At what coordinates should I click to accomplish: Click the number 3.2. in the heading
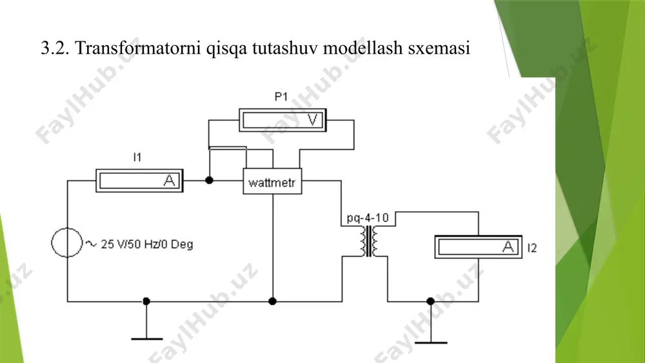click(55, 48)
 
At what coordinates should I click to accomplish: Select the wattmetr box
click(272, 181)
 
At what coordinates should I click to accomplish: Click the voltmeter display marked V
click(283, 120)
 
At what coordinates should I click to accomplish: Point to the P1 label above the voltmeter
click(281, 97)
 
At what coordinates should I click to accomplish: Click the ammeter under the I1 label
click(139, 180)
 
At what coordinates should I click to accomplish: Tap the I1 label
click(137, 157)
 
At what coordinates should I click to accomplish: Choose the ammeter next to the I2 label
click(479, 247)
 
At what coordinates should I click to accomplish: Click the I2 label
click(532, 247)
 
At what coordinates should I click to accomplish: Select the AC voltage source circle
click(66, 243)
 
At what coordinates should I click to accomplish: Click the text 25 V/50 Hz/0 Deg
click(147, 244)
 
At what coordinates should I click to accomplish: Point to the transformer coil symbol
click(369, 241)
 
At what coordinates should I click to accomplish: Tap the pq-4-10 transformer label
click(368, 218)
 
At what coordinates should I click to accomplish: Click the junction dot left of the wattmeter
click(209, 180)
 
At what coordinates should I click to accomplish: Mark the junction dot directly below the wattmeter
click(272, 301)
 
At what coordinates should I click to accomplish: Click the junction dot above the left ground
click(146, 301)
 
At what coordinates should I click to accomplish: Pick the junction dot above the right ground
click(430, 301)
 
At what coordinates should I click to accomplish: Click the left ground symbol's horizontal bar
click(147, 338)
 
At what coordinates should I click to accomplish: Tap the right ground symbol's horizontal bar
click(431, 342)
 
